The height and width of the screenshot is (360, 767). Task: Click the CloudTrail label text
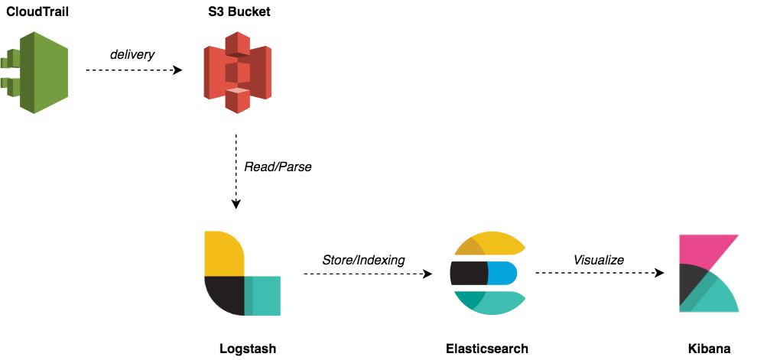pyautogui.click(x=39, y=12)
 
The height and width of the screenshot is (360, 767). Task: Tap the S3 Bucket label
pyautogui.click(x=238, y=12)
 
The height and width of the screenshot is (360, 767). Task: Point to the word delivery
pyautogui.click(x=132, y=54)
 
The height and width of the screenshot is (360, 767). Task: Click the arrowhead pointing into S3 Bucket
pyautogui.click(x=179, y=70)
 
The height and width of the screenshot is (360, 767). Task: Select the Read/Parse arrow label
pyautogui.click(x=278, y=166)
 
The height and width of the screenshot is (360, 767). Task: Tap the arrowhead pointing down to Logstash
pyautogui.click(x=236, y=203)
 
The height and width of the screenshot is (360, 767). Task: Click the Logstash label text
pyautogui.click(x=246, y=349)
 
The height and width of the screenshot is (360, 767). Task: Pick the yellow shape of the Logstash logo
pyautogui.click(x=223, y=253)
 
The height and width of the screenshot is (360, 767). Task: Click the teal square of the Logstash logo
pyautogui.click(x=264, y=297)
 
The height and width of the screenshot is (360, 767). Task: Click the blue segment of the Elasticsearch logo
pyautogui.click(x=502, y=272)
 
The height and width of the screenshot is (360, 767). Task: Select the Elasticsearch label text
pyautogui.click(x=487, y=349)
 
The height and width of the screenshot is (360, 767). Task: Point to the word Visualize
pyautogui.click(x=599, y=260)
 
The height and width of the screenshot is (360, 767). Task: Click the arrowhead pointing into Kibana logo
pyautogui.click(x=660, y=273)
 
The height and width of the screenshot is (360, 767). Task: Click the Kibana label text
pyautogui.click(x=709, y=349)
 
